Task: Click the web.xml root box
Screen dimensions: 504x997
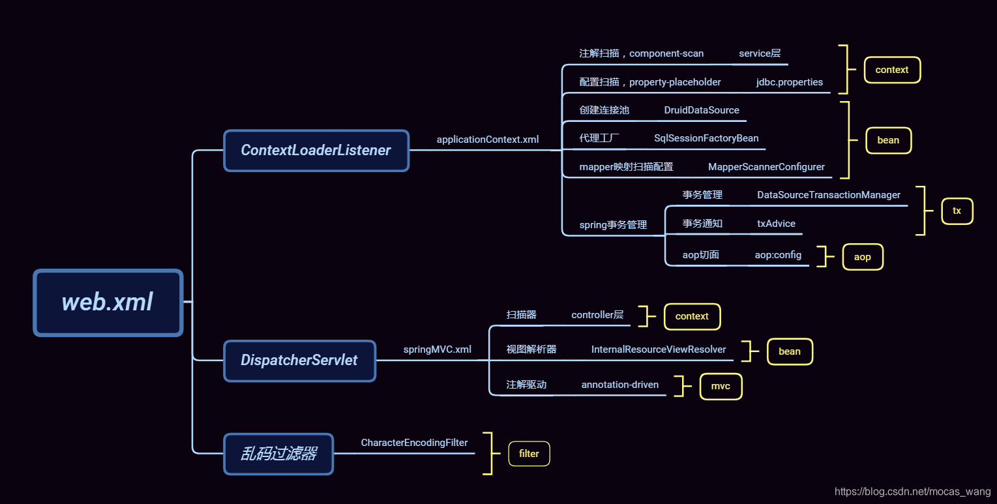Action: coord(108,303)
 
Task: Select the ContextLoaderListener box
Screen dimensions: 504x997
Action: coord(316,151)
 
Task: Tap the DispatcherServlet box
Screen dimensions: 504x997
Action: coord(299,361)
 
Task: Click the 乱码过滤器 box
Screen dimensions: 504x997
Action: coord(278,454)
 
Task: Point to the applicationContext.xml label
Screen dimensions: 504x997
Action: coord(488,140)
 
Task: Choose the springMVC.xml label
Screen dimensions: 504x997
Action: coord(437,349)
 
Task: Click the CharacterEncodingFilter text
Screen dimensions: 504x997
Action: coord(414,443)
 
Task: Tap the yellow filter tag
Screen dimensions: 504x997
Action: coord(529,454)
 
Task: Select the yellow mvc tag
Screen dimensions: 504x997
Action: coord(721,386)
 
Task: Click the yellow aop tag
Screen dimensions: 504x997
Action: coord(862,257)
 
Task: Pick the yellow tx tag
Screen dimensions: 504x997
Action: coord(957,211)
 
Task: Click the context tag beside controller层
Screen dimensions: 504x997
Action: coord(692,316)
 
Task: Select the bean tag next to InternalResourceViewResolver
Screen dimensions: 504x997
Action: coord(789,351)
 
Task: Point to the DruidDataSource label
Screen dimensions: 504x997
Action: coord(702,110)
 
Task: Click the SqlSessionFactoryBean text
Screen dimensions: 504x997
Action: coord(706,138)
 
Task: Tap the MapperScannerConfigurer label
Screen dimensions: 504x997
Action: coord(766,167)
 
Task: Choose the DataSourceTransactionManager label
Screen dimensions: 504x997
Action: coord(828,195)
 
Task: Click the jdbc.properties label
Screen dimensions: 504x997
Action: coord(789,82)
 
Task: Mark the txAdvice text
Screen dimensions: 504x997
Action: coord(776,224)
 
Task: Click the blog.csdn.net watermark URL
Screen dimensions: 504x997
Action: coord(912,492)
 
